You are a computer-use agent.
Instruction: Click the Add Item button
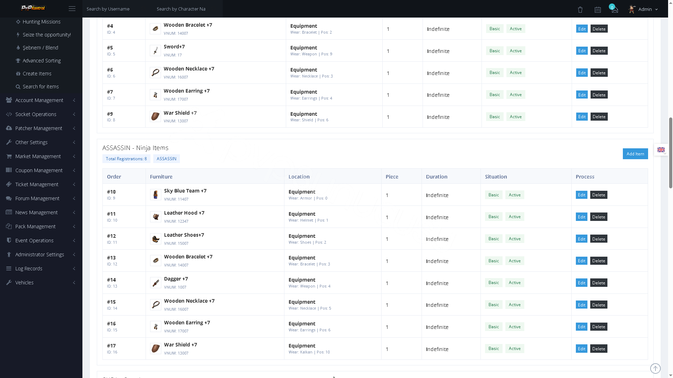click(635, 154)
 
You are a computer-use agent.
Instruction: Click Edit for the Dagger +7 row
click(581, 283)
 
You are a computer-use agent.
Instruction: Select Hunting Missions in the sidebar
click(41, 22)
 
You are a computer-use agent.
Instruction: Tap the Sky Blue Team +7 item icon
click(156, 195)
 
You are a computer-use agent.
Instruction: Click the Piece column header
click(392, 176)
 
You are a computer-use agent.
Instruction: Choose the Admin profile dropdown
click(643, 9)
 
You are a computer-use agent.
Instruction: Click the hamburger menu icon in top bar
click(72, 9)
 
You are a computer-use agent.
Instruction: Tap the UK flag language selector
click(661, 150)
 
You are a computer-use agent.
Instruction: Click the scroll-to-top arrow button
click(655, 368)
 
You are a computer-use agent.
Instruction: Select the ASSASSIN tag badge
click(167, 159)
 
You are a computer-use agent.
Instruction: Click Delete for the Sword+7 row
click(599, 51)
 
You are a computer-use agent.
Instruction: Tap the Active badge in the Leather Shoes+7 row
click(514, 239)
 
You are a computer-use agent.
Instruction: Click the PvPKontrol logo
click(33, 8)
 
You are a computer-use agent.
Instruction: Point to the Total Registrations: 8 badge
click(126, 159)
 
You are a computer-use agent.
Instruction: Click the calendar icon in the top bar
click(598, 9)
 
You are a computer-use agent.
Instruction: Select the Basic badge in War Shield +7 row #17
click(493, 349)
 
